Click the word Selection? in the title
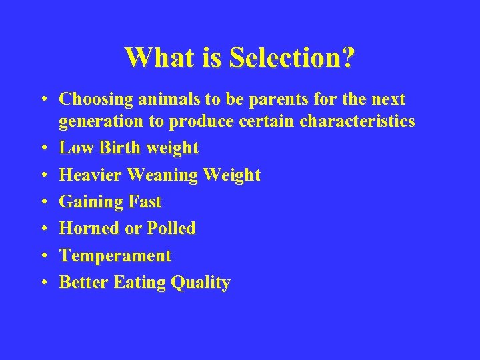click(x=291, y=57)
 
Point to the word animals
click(x=167, y=99)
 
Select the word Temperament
click(x=115, y=256)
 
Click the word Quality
click(x=201, y=283)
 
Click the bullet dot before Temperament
click(x=42, y=255)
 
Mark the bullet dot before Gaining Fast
click(x=42, y=201)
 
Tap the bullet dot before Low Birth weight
click(x=42, y=147)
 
